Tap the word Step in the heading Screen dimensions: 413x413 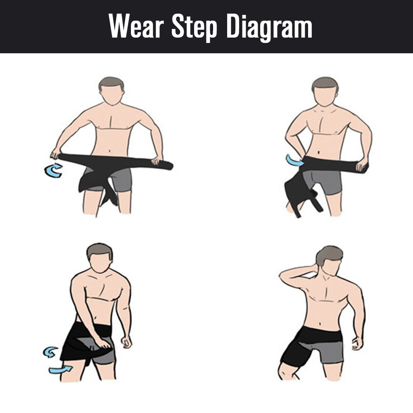195,27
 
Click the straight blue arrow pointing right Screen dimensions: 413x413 60,369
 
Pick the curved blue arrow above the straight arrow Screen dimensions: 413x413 50,352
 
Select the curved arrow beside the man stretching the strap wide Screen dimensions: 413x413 53,170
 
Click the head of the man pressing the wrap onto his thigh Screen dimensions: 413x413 100,258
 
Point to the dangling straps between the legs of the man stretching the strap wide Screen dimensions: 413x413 109,194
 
